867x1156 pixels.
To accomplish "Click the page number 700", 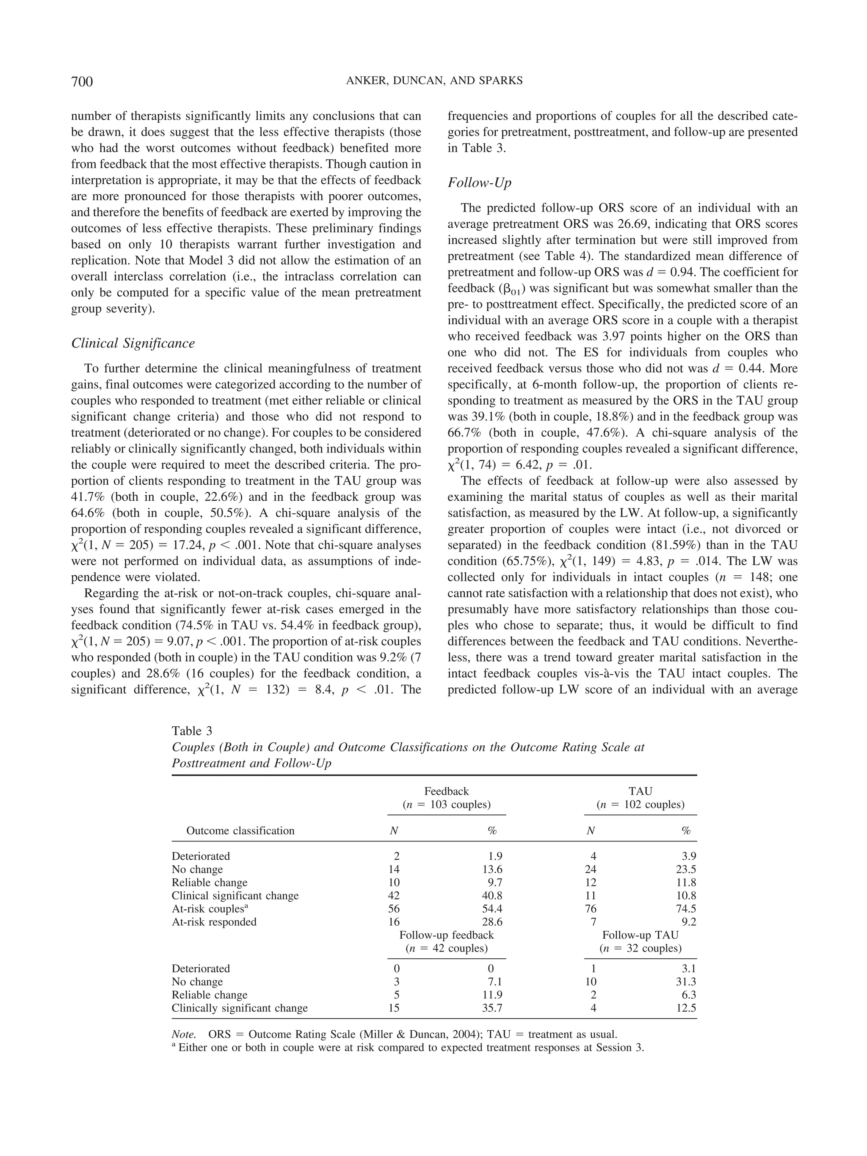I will [82, 82].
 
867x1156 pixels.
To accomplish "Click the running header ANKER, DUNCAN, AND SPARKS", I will [434, 81].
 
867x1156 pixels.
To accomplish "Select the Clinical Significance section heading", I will [133, 343].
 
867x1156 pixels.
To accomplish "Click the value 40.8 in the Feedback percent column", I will [492, 896].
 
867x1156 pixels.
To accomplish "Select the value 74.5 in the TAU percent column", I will [686, 909].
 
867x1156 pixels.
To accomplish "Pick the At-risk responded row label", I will [214, 922].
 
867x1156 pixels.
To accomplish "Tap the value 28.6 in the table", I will [492, 922].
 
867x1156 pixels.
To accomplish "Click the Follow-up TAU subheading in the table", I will [640, 935].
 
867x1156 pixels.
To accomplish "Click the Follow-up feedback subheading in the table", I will [446, 935].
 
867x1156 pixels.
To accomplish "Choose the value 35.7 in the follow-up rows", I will [492, 1008].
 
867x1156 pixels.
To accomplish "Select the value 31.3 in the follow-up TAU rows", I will [686, 982].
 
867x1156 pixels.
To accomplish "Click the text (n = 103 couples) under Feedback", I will [446, 805].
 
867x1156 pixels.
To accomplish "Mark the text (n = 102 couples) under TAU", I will [640, 805].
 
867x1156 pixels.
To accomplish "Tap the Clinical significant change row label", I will [235, 896].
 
